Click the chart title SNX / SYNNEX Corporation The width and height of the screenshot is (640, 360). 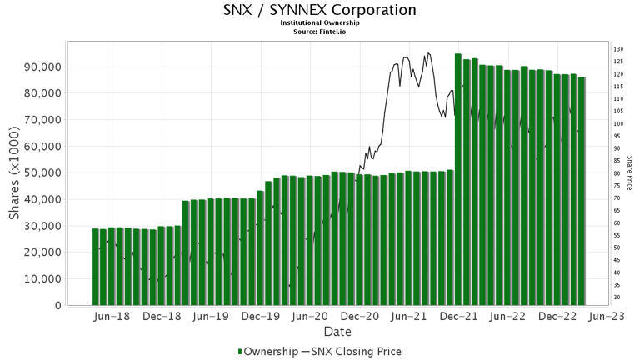[320, 10]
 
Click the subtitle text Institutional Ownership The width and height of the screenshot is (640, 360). [320, 23]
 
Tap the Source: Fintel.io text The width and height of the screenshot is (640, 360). [320, 32]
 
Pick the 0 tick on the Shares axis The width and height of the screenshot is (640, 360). [57, 306]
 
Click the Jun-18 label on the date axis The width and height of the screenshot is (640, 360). [112, 317]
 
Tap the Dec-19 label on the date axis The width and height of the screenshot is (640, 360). [260, 317]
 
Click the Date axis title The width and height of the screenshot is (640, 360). [337, 332]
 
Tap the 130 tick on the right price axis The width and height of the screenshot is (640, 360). [618, 50]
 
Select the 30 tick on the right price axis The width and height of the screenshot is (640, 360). [617, 297]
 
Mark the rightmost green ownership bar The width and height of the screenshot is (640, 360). [582, 192]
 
